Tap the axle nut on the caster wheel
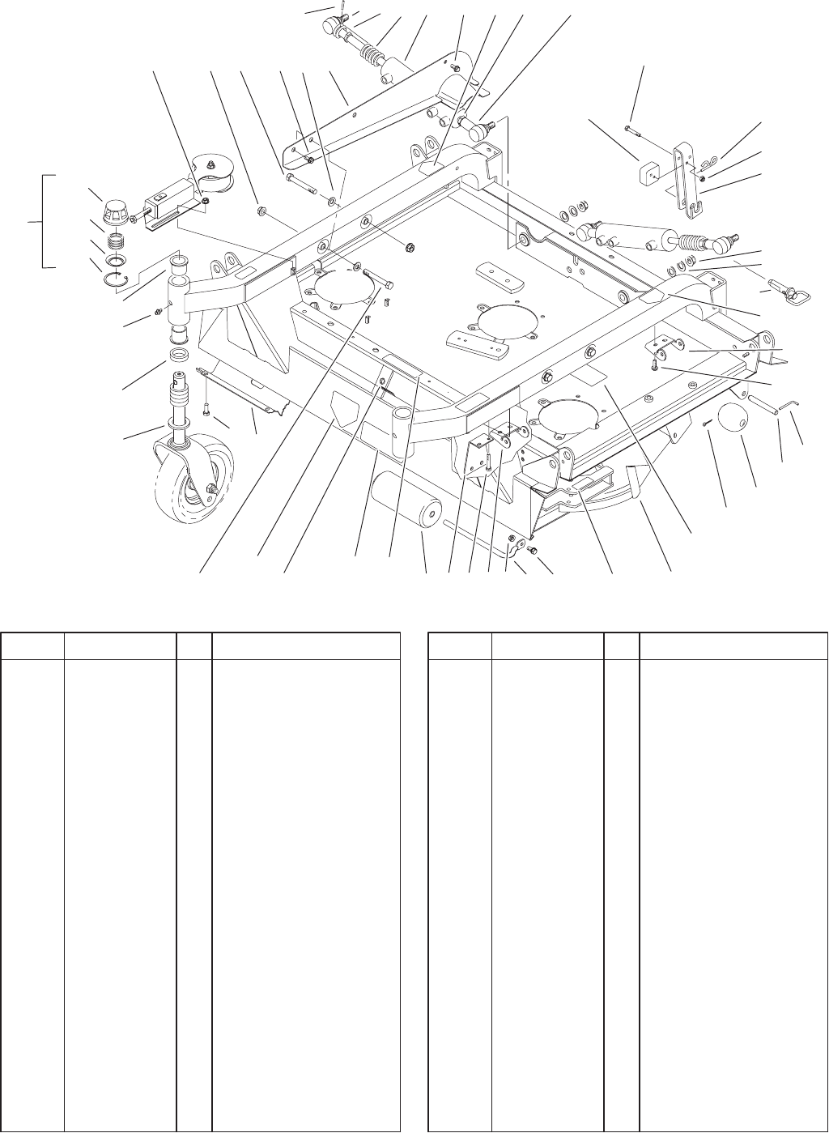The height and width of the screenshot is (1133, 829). point(210,488)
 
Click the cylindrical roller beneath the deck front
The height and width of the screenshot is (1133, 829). point(403,504)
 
